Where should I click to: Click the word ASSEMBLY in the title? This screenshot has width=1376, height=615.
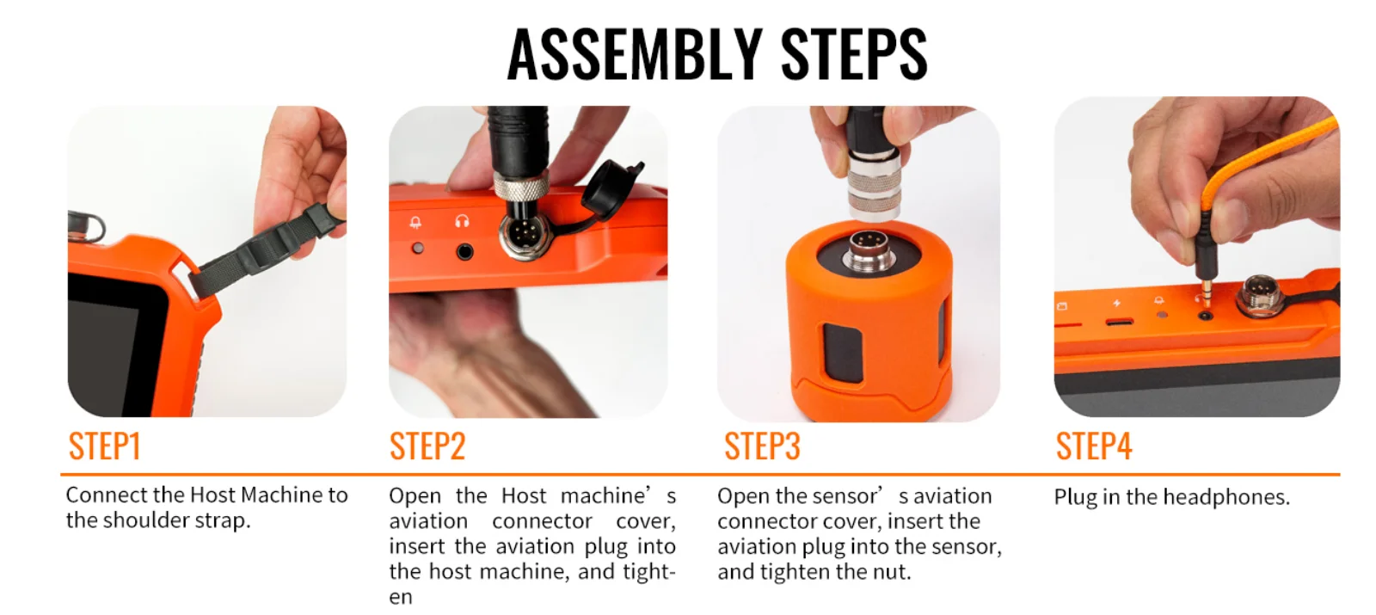(x=635, y=54)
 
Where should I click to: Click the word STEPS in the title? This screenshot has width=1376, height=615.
(x=855, y=54)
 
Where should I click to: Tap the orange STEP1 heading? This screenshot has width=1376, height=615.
(x=104, y=446)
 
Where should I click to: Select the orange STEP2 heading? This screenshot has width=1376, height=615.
(x=427, y=446)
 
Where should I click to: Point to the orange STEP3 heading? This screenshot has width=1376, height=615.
(x=762, y=446)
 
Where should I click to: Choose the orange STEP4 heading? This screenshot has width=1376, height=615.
(x=1094, y=446)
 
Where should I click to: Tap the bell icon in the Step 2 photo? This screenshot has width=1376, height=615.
(x=416, y=222)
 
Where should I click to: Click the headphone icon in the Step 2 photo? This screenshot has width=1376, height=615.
(x=462, y=220)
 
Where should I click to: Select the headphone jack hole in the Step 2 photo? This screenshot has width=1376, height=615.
(x=464, y=251)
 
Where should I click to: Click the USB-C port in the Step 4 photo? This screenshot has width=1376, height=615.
(x=1119, y=322)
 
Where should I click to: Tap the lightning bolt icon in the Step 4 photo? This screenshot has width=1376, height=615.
(x=1117, y=303)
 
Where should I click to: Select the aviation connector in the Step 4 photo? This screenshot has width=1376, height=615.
(x=1259, y=295)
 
